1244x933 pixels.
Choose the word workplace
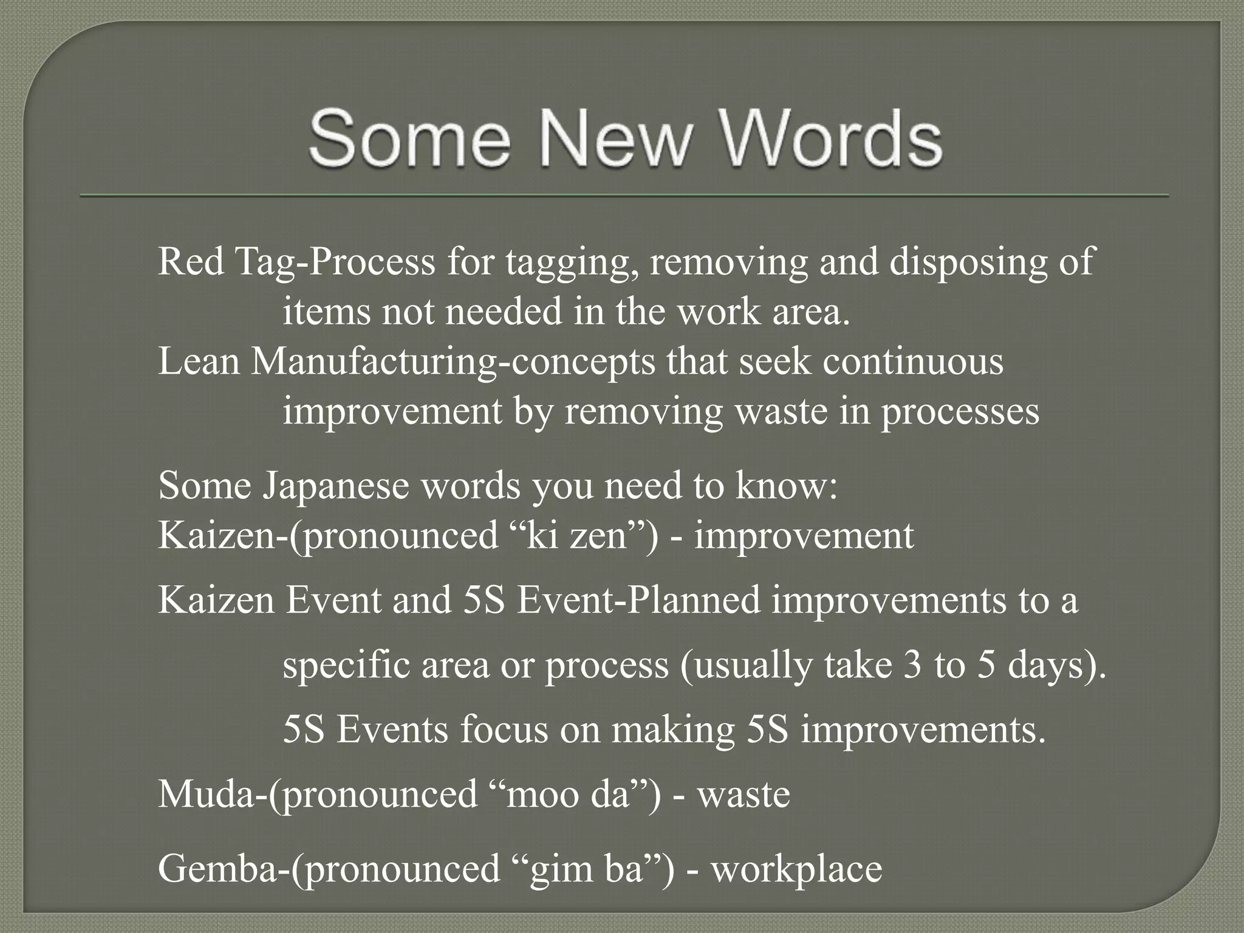pyautogui.click(x=796, y=869)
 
